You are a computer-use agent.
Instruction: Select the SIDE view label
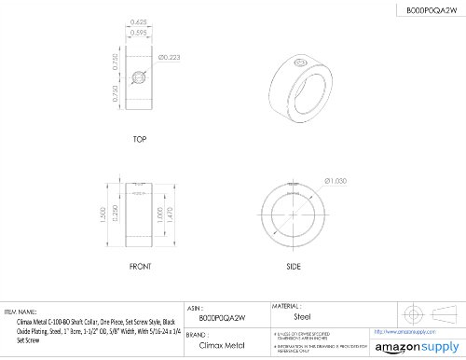click(293, 266)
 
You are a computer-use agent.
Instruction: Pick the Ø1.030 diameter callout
click(336, 180)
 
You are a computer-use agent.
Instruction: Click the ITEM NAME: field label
click(21, 312)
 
